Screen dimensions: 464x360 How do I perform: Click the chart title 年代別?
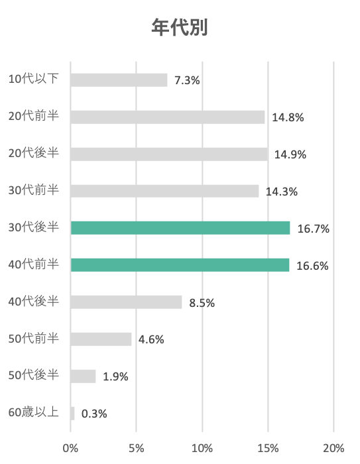[180, 28]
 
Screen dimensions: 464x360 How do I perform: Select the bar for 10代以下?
[119, 80]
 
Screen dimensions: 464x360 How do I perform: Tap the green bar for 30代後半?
[180, 228]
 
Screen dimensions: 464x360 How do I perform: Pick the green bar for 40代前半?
[180, 265]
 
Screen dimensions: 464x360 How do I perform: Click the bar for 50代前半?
[101, 339]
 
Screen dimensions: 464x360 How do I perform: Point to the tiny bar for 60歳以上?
[72, 413]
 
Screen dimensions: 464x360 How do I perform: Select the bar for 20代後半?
[168, 154]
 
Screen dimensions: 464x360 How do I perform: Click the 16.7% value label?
[314, 229]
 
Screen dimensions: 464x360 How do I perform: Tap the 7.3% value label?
[187, 80]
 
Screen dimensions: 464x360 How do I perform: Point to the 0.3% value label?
[94, 414]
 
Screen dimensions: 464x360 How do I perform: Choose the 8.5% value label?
[202, 303]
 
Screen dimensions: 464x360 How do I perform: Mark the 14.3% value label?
[282, 192]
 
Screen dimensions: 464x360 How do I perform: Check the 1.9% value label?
[115, 377]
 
